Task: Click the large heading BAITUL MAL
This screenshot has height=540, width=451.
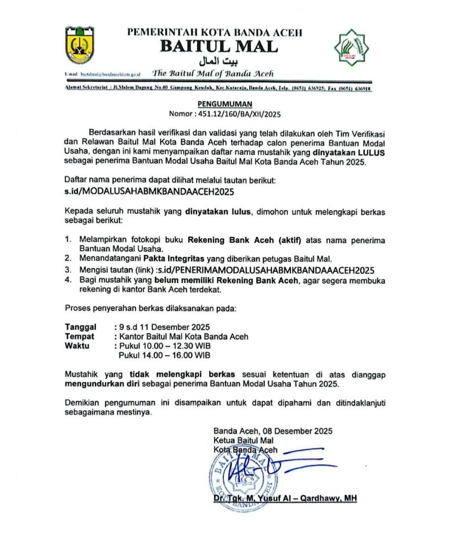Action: (x=218, y=47)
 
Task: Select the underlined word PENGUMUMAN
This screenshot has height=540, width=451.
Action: (x=224, y=104)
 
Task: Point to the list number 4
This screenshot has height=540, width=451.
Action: (x=68, y=280)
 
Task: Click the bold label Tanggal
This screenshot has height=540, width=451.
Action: (x=81, y=328)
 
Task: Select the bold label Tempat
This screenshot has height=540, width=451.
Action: (x=80, y=337)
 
